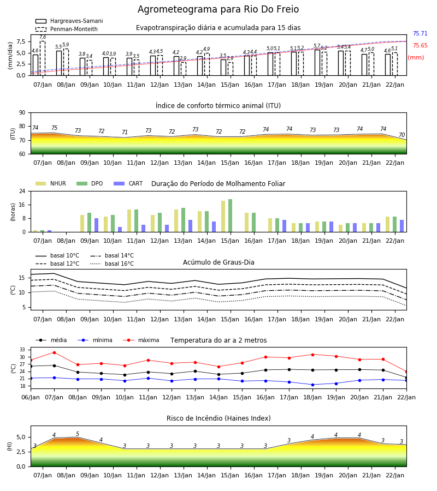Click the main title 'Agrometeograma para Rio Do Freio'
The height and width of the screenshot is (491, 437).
218,9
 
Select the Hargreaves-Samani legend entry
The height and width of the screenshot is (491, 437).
69,21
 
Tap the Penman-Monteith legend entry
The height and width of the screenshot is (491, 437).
67,29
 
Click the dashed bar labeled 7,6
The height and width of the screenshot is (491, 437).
43,58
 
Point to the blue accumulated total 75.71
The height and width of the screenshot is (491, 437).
420,33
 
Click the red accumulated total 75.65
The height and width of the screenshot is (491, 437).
420,45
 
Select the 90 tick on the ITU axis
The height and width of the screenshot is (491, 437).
22,113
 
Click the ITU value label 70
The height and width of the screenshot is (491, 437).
402,135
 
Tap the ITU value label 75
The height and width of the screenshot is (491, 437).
55,128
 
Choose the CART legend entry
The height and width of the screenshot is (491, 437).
128,183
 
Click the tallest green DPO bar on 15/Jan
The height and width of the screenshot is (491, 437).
231,215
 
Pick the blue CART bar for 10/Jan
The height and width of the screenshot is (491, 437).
120,230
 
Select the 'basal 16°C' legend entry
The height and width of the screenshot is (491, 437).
112,264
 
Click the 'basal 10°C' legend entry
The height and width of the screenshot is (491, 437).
57,255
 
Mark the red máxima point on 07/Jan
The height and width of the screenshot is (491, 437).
54,352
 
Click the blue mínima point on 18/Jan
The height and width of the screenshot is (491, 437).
312,385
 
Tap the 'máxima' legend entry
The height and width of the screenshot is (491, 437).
141,340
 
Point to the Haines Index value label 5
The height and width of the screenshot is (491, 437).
78,434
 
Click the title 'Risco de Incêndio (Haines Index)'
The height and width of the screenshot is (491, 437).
218,418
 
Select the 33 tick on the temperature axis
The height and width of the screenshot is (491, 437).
22,350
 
